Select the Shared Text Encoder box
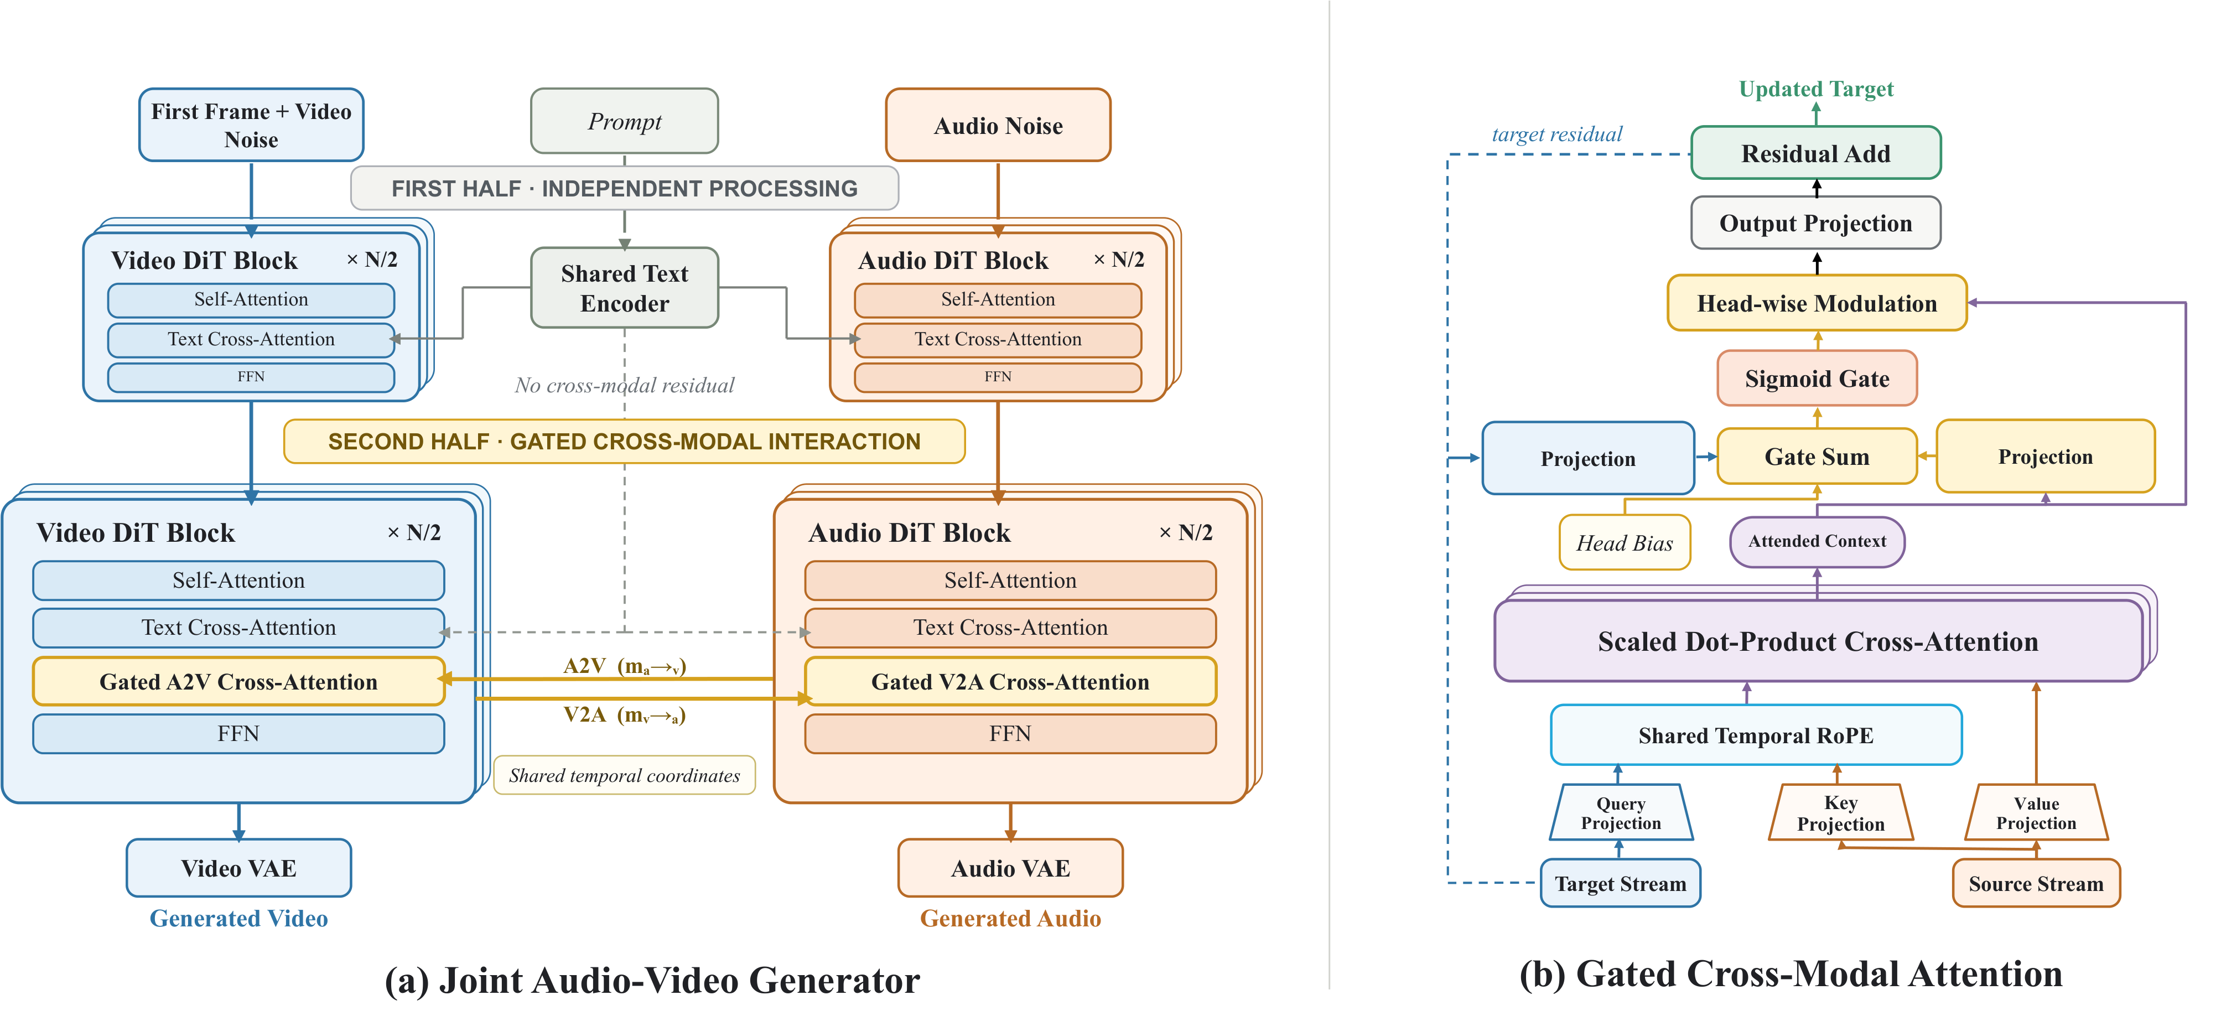tap(624, 288)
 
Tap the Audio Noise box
tap(998, 125)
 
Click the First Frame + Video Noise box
tap(251, 125)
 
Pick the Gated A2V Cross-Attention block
tap(239, 681)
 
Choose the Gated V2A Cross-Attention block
tap(1010, 681)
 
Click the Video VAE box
tap(239, 867)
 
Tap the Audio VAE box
tap(1010, 867)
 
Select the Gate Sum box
tap(1817, 456)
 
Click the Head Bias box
tap(1625, 542)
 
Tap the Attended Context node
tap(1817, 541)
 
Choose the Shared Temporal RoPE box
tap(1756, 734)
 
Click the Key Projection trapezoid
tap(1841, 812)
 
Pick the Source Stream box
tap(2036, 883)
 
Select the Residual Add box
tap(1816, 153)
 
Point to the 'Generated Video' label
tap(239, 918)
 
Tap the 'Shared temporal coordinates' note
tap(624, 775)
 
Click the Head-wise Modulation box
tap(1817, 303)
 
